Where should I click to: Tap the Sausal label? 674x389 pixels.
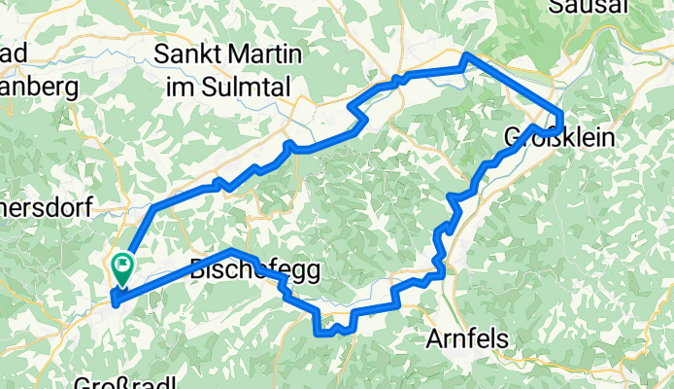(x=583, y=7)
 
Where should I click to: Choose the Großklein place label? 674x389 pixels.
(x=559, y=139)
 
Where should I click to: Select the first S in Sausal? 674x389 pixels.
(x=555, y=7)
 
